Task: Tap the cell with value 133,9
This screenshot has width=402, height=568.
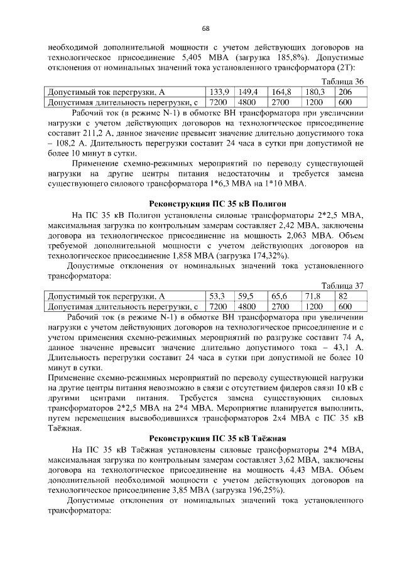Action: [220, 92]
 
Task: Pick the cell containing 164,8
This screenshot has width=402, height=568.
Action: [282, 92]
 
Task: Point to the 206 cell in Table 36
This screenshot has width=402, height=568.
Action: [345, 92]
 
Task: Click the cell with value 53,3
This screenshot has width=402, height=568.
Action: [217, 296]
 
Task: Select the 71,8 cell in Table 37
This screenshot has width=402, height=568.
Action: [313, 296]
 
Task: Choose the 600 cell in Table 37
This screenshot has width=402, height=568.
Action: [345, 307]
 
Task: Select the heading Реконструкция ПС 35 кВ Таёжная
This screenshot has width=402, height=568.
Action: [217, 437]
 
